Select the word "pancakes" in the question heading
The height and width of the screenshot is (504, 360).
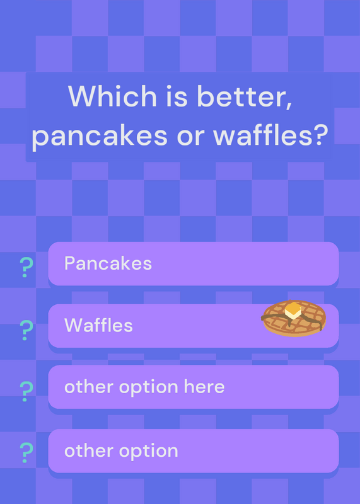tap(100, 135)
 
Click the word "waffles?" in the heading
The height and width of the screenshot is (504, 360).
tap(270, 134)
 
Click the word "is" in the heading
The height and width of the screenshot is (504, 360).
tap(177, 96)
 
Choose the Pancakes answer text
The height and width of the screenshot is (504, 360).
tap(108, 263)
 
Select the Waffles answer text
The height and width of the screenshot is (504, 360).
tap(98, 325)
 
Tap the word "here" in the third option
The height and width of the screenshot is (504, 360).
tap(204, 386)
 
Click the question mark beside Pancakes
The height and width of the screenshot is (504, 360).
tap(26, 267)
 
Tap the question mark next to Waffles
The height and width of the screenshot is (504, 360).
tap(26, 330)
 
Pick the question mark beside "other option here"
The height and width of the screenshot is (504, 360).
tap(26, 391)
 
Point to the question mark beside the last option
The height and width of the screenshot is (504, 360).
tap(26, 452)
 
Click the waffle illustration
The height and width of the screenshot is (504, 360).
tap(293, 318)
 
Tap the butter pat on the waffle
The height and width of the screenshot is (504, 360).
tap(293, 311)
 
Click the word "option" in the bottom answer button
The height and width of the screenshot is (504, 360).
tap(148, 451)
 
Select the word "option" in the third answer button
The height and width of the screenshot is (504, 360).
tap(148, 387)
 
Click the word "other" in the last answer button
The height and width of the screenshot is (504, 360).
tap(90, 450)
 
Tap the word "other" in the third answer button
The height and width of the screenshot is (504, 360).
tap(90, 386)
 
